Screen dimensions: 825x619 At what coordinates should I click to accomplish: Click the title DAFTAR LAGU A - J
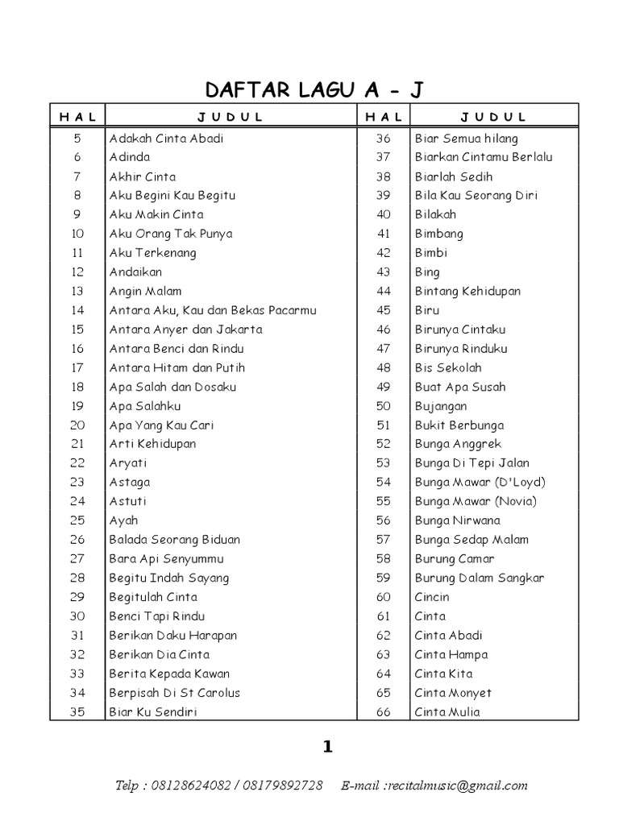tap(314, 89)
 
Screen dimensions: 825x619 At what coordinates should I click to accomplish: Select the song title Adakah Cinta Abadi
tap(167, 138)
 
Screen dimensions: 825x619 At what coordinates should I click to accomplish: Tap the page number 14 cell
tap(77, 310)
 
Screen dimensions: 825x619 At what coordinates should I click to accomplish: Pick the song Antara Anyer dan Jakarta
tap(186, 330)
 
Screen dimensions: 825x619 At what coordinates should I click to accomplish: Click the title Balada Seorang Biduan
tap(175, 540)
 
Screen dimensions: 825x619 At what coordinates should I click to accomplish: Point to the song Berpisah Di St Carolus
tap(175, 693)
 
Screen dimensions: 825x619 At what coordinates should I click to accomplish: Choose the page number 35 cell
tap(77, 712)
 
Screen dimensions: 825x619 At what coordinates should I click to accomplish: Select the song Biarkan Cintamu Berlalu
tap(484, 157)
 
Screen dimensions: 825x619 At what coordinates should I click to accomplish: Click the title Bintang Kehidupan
tap(467, 291)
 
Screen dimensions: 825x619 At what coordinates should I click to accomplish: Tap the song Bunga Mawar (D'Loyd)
tap(480, 483)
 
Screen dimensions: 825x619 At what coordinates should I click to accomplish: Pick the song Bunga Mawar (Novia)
tap(476, 501)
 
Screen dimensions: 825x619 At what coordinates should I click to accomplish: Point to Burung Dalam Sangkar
tap(480, 578)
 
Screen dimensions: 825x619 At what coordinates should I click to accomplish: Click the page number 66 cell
tap(383, 712)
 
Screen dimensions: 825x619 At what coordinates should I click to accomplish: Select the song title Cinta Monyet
tap(453, 693)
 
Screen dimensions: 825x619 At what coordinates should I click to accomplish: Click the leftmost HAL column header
tap(77, 117)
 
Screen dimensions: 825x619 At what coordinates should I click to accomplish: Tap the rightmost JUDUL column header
tap(494, 117)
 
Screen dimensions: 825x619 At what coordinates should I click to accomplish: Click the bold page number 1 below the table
tap(327, 747)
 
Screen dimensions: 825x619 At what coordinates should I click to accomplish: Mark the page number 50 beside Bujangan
tap(383, 406)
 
